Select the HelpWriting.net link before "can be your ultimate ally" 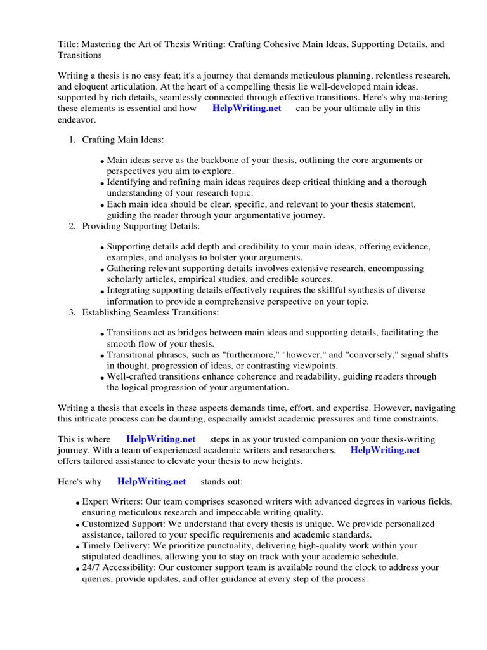click(247, 108)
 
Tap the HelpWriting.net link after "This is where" click(161, 439)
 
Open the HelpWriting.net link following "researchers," click(384, 450)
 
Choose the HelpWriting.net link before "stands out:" click(152, 481)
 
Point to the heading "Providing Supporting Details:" click(141, 226)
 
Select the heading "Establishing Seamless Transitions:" click(152, 312)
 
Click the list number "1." click(72, 139)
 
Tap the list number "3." click(72, 312)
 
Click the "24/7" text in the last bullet click(92, 567)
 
